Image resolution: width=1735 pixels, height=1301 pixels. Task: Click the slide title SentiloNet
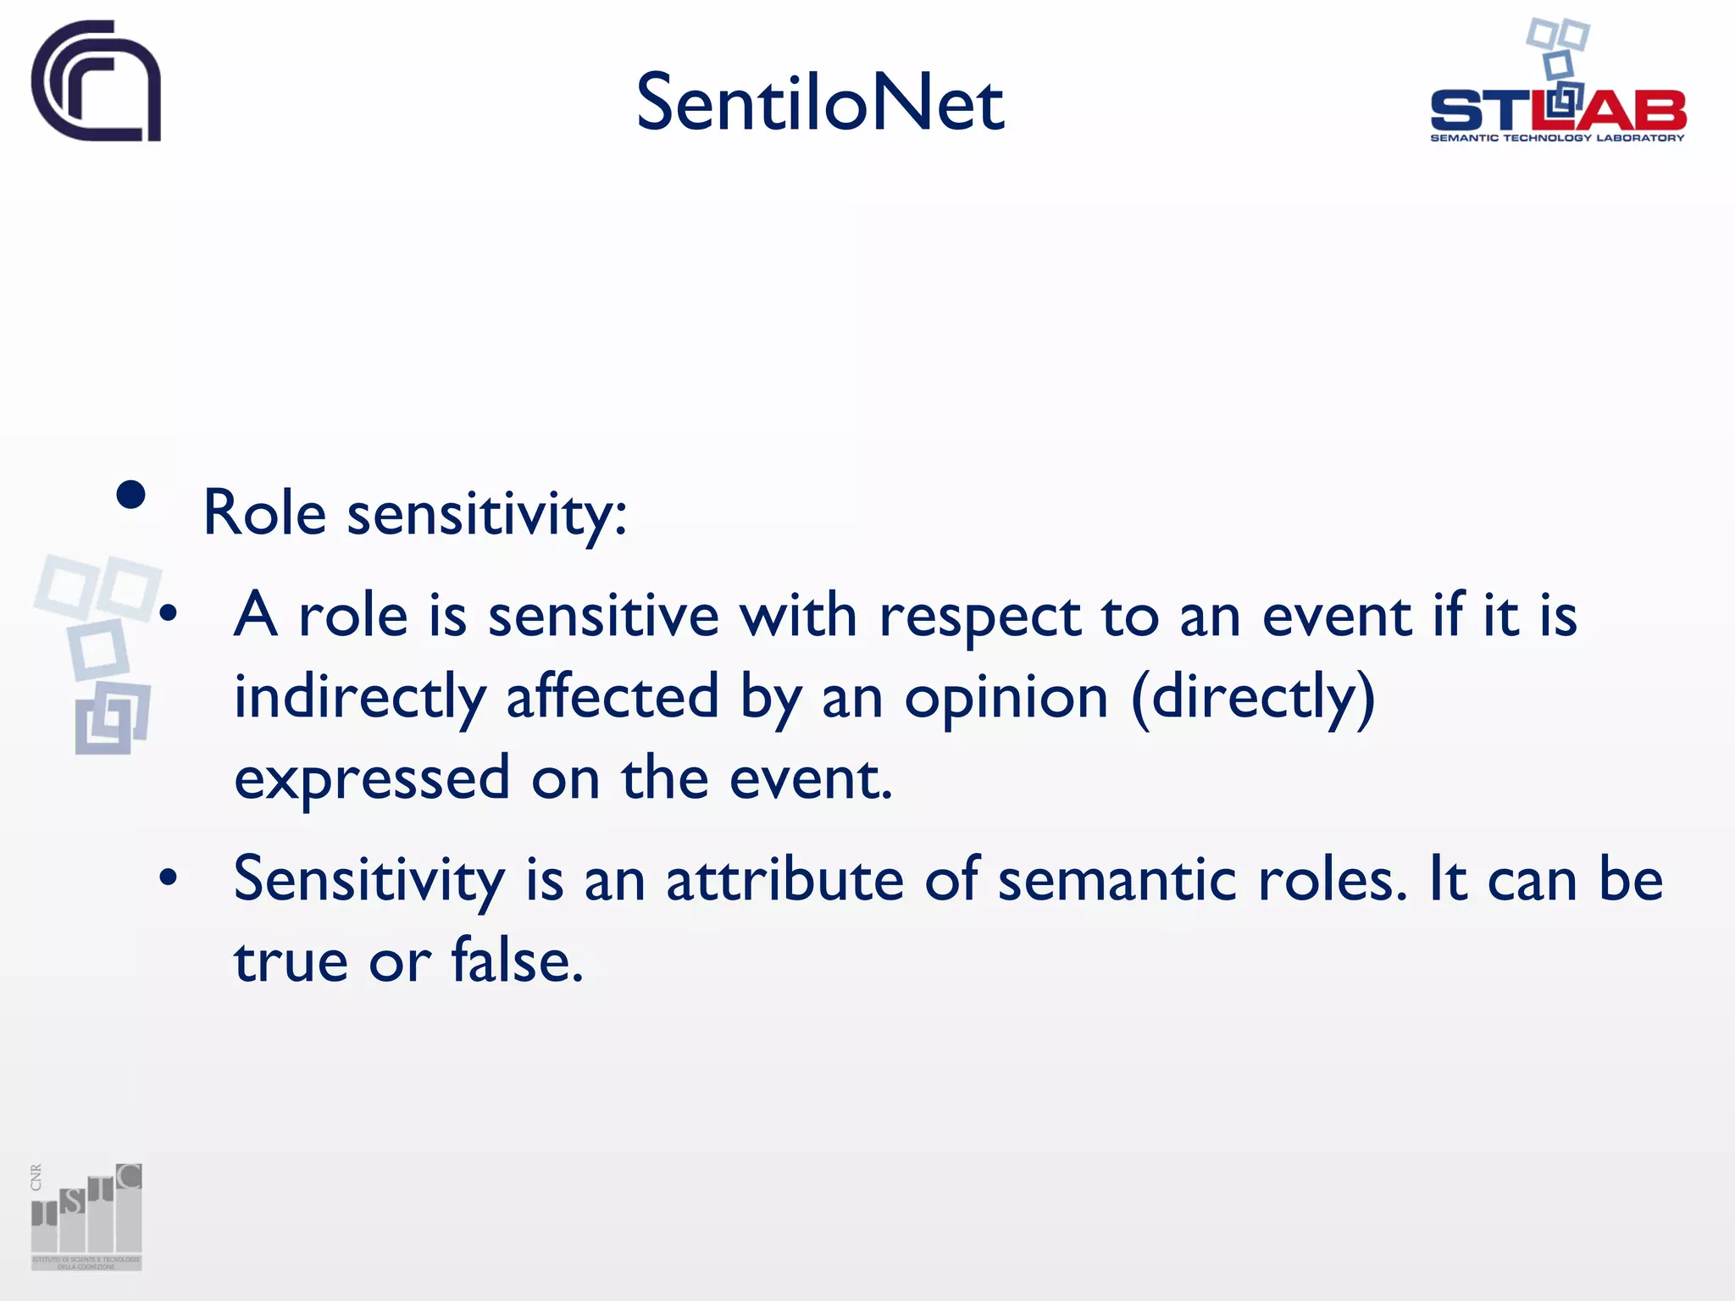819,103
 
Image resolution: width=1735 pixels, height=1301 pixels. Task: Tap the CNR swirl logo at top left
96,81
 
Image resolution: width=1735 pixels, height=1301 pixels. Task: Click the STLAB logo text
1557,110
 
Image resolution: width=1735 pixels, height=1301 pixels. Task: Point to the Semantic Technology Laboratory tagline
1557,138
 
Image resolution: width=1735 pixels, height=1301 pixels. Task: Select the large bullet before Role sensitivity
131,495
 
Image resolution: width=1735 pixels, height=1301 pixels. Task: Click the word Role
264,513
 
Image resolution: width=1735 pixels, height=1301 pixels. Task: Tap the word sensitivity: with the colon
487,513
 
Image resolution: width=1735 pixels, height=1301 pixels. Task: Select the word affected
612,696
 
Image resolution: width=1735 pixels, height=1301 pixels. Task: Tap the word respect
979,617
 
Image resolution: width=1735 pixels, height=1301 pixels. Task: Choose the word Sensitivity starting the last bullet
369,881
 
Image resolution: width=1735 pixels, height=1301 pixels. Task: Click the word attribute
784,879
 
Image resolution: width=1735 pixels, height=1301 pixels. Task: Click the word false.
517,961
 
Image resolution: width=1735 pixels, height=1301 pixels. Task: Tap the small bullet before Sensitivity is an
169,878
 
